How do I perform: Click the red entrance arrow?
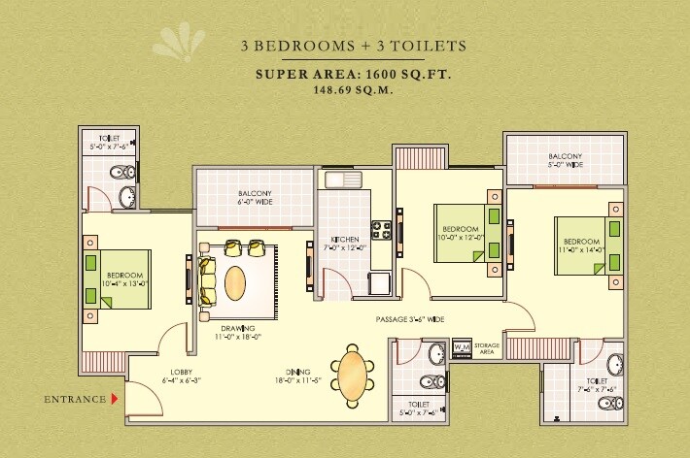115,398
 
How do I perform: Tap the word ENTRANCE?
75,399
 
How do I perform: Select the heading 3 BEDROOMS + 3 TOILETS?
353,45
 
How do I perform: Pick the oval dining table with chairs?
351,374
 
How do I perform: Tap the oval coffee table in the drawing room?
236,283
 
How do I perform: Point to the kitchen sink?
343,179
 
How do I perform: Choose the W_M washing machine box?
462,347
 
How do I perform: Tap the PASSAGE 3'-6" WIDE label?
410,318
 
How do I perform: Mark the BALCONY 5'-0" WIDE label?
565,160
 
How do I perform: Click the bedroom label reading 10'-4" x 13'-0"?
125,279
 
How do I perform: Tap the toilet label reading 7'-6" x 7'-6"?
596,385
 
